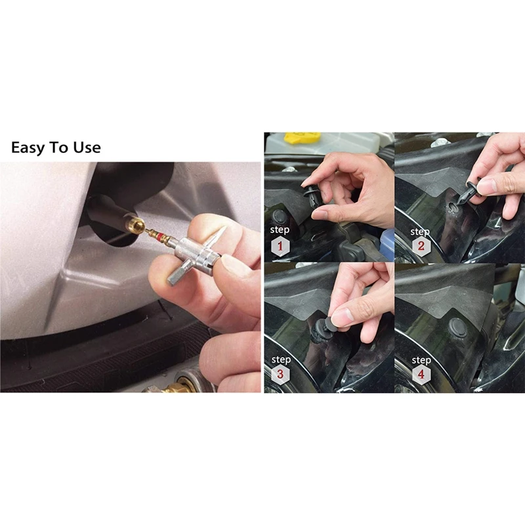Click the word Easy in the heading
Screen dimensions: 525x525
(x=28, y=148)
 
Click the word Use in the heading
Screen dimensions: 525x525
(x=87, y=148)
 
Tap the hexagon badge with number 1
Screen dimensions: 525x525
(x=280, y=246)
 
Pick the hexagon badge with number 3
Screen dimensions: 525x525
(x=280, y=374)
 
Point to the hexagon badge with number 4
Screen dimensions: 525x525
(x=421, y=374)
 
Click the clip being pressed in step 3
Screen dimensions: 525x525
(x=323, y=329)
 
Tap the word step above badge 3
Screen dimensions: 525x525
(x=281, y=359)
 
